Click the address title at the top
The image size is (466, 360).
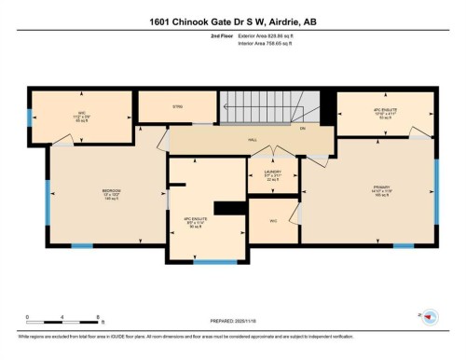click(233, 21)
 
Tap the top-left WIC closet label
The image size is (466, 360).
click(81, 114)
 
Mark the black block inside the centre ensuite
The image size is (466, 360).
click(226, 208)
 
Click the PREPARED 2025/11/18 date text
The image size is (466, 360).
click(232, 320)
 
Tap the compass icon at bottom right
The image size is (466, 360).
click(429, 318)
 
